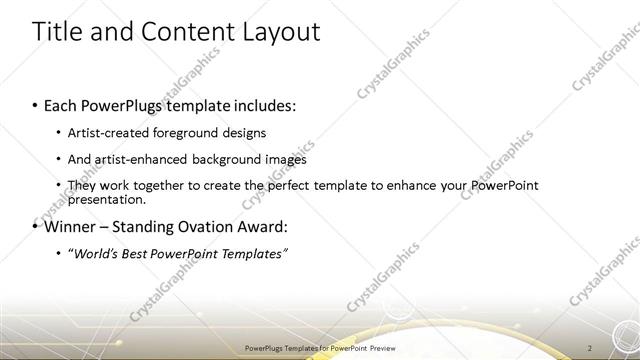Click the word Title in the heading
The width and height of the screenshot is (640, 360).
click(x=58, y=32)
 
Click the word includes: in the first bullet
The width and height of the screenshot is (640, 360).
click(x=265, y=105)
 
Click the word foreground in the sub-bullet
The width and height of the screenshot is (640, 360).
click(x=192, y=133)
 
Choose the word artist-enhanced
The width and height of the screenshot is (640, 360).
click(x=140, y=159)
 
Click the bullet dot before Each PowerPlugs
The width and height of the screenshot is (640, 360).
click(x=36, y=106)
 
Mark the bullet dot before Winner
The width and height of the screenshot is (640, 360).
click(x=36, y=227)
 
